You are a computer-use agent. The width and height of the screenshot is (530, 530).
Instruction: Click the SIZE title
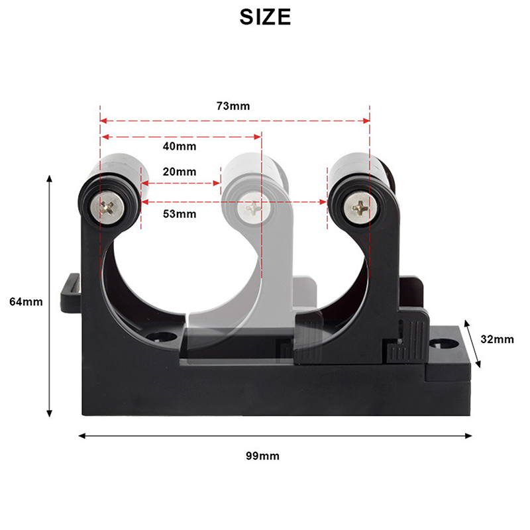tap(265, 17)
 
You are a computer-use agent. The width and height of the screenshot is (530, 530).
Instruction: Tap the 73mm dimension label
tap(233, 106)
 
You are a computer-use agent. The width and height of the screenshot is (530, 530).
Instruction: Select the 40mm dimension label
tap(180, 146)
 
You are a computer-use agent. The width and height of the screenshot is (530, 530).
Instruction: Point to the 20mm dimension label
tap(180, 172)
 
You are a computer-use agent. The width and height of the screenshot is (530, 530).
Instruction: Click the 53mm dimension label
tap(180, 214)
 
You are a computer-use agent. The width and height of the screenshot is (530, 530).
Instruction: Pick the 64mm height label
tap(26, 301)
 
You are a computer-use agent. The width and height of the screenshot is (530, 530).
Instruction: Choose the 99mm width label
tap(262, 456)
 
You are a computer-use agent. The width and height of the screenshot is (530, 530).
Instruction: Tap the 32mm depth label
tap(498, 339)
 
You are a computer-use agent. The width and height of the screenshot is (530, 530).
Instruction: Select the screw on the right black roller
tap(360, 206)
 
